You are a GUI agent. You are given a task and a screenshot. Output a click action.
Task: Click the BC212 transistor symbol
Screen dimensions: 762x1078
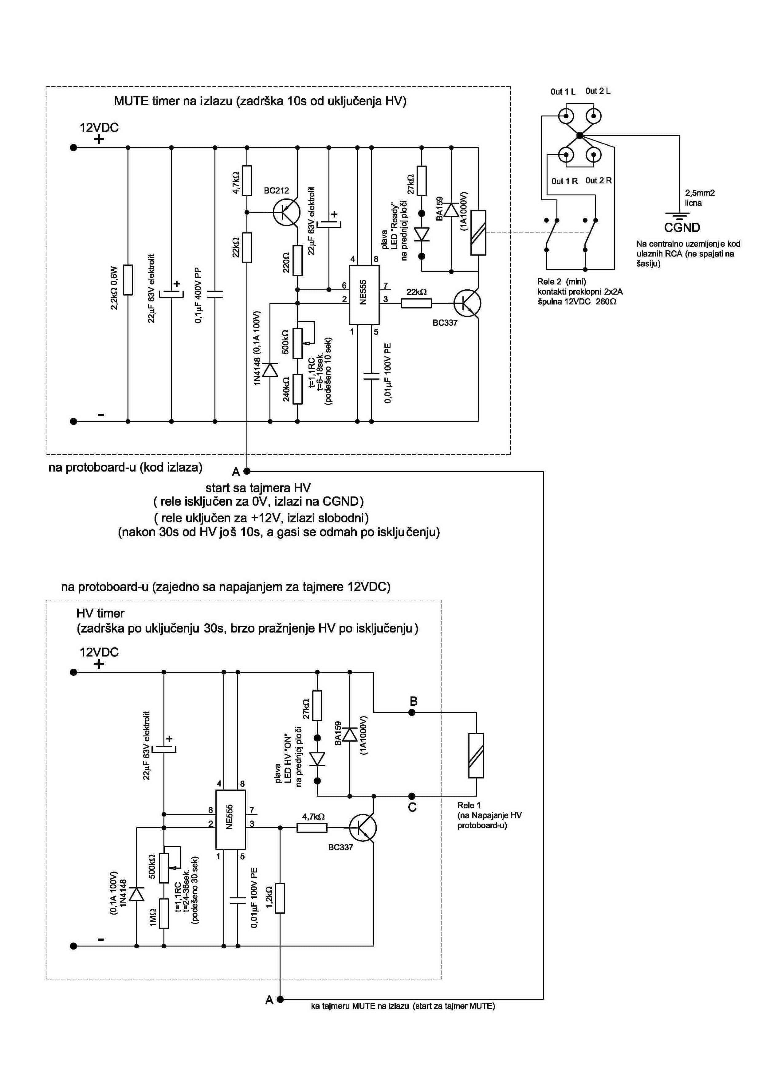[x=286, y=213]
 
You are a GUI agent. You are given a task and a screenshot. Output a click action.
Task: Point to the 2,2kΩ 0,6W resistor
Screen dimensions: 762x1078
[x=128, y=280]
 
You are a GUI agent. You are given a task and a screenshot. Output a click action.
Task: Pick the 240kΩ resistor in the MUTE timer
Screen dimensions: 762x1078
[x=297, y=389]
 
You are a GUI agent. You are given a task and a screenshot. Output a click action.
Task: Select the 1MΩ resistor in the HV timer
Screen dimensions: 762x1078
[x=164, y=913]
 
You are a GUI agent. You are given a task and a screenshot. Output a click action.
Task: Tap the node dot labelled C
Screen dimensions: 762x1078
[x=412, y=796]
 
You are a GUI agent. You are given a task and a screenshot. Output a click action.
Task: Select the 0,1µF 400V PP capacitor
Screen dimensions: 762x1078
[x=215, y=294]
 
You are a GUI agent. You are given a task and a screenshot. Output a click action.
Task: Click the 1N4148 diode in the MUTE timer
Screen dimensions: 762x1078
[x=270, y=370]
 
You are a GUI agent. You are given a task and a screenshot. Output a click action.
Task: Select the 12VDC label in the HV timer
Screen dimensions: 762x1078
[x=99, y=652]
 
